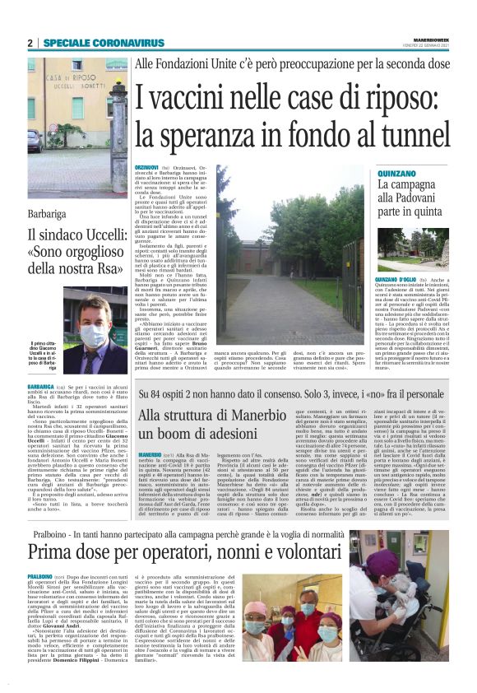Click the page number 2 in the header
pyautogui.click(x=30, y=43)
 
